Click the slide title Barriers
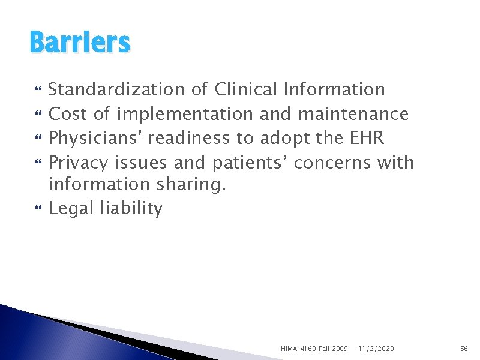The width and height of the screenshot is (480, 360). coord(79,43)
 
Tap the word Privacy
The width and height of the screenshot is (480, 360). coord(79,162)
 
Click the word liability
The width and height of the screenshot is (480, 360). coord(131,209)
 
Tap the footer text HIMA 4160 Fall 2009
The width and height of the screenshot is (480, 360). coord(314,348)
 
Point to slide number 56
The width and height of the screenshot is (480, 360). coord(463,348)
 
